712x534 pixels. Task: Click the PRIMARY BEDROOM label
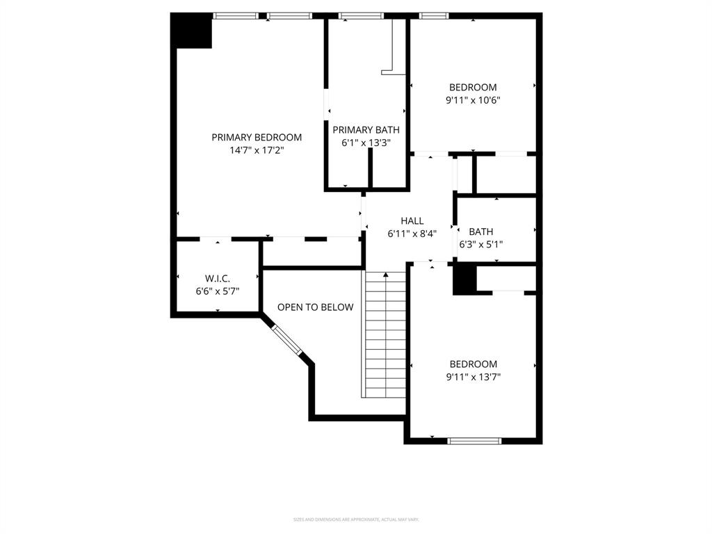257,138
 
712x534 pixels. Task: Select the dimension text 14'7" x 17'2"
257,149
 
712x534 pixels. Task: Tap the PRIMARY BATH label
366,130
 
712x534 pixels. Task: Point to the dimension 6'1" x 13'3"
366,143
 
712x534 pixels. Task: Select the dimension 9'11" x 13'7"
473,377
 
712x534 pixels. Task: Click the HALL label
412,221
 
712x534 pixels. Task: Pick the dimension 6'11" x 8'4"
412,234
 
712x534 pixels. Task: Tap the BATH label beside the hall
480,232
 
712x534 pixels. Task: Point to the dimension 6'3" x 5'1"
480,244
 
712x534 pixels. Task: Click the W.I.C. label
217,278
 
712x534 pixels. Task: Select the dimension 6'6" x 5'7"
217,290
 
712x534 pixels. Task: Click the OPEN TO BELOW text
315,307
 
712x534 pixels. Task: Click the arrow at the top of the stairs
385,275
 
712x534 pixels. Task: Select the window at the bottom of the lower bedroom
474,440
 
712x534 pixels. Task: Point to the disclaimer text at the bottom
356,519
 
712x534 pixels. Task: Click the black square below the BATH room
464,280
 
